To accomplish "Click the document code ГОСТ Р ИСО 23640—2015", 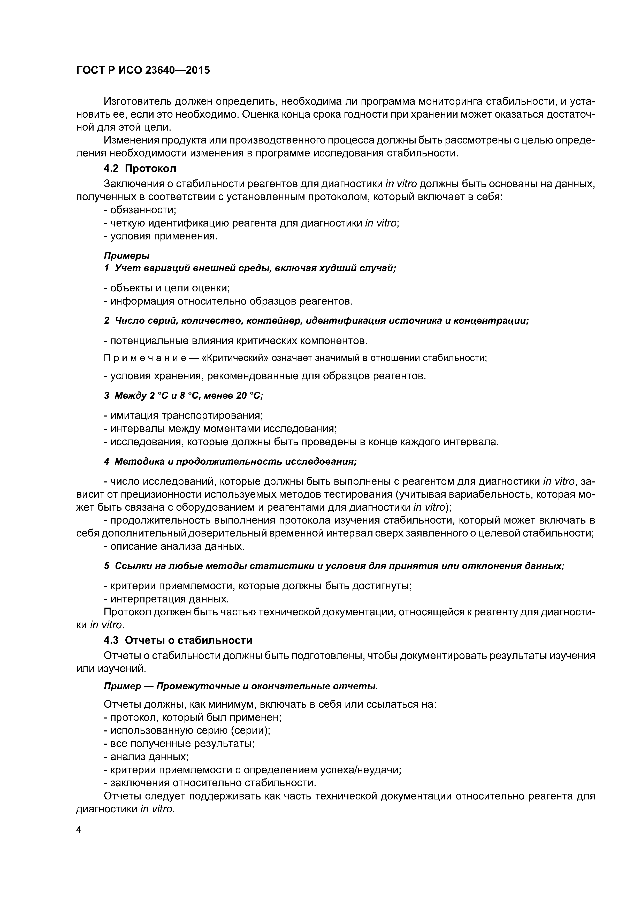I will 143,70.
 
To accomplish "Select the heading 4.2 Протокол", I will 140,169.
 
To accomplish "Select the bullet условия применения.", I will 161,236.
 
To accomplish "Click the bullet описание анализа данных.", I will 174,547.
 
